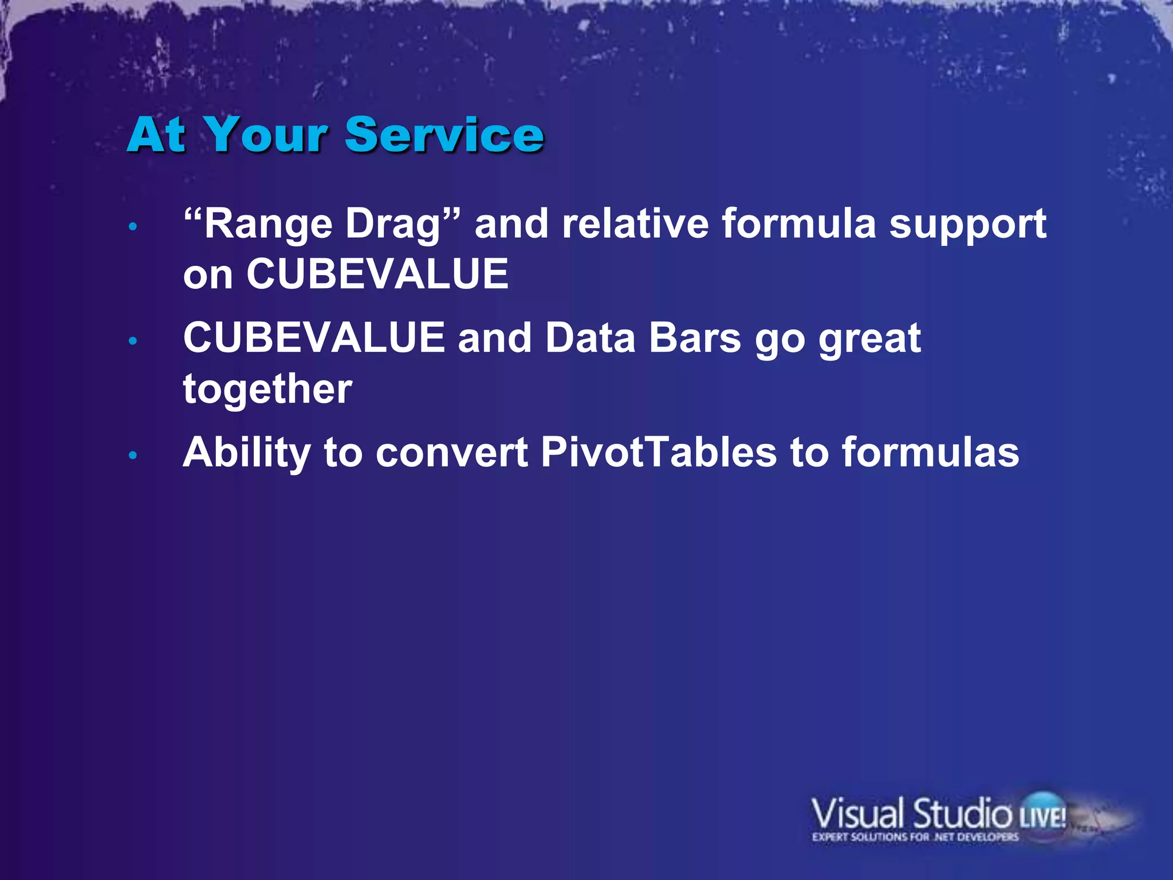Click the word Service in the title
(x=444, y=135)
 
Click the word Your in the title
(x=266, y=135)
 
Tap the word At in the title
(x=156, y=135)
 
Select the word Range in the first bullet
(x=268, y=225)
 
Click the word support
(x=967, y=225)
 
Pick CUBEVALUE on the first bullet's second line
(x=377, y=274)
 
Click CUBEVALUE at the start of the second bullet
(x=314, y=338)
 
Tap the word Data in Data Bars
(x=590, y=338)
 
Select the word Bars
(x=695, y=338)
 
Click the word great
(x=869, y=339)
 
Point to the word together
(x=267, y=390)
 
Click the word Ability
(x=247, y=453)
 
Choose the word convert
(x=451, y=453)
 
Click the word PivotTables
(x=658, y=453)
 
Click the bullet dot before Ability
(x=133, y=455)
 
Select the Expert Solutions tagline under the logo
(x=915, y=837)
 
